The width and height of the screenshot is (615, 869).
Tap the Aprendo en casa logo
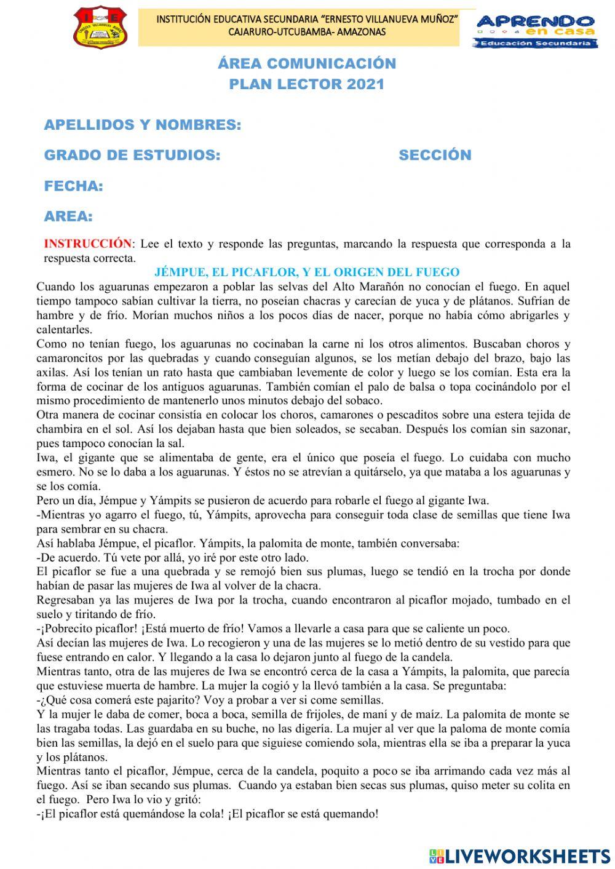tap(536, 31)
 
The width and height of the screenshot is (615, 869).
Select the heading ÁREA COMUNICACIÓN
tap(307, 63)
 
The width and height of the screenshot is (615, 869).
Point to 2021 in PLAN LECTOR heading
tap(365, 85)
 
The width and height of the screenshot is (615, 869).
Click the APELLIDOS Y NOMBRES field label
tap(142, 125)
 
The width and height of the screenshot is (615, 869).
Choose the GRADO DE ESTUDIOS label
tap(132, 156)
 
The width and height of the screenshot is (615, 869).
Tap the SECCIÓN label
tap(435, 156)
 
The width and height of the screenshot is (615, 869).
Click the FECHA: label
tap(73, 186)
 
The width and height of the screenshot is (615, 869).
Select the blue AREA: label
tap(68, 216)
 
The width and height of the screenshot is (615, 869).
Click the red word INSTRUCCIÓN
tap(87, 244)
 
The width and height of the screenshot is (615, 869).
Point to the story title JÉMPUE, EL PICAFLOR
tap(307, 272)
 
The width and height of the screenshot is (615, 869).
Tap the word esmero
tap(56, 472)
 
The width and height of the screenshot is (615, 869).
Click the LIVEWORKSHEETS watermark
tap(520, 855)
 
